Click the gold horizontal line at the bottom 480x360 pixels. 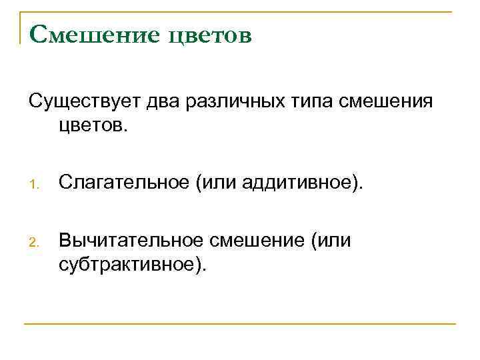click(x=240, y=324)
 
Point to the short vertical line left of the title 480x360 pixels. click(x=20, y=28)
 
